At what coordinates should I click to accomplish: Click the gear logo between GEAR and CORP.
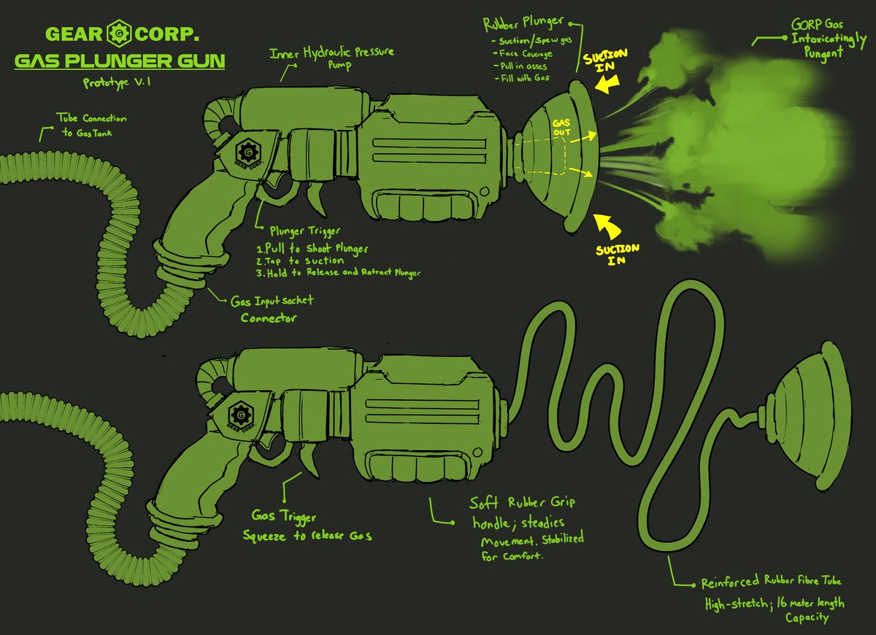118,34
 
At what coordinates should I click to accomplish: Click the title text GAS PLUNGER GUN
120,61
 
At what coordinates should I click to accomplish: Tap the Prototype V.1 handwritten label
117,82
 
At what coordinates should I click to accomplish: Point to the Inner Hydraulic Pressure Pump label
331,57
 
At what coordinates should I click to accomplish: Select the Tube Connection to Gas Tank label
91,125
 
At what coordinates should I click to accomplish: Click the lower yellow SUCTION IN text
617,255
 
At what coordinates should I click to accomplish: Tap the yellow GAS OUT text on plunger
561,128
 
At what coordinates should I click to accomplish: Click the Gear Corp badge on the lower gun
240,415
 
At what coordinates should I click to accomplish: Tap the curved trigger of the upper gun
316,198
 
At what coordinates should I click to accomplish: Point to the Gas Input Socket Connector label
272,309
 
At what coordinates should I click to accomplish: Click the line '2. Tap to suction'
300,261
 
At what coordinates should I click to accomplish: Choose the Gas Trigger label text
283,516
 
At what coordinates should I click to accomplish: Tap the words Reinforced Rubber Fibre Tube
771,582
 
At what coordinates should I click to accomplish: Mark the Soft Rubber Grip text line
522,502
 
